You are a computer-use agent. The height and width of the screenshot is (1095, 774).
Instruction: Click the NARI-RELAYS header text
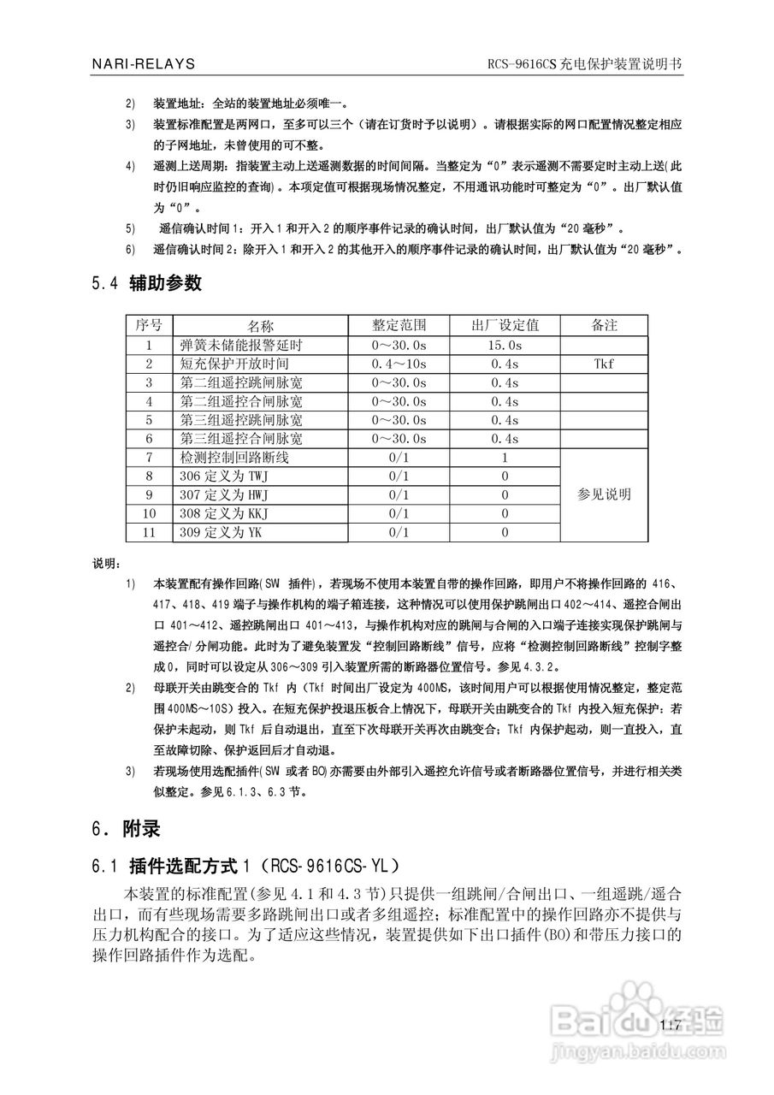click(x=144, y=64)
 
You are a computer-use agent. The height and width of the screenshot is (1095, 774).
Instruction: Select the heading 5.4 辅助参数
click(x=146, y=283)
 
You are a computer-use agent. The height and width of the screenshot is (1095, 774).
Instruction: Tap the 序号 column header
click(x=149, y=325)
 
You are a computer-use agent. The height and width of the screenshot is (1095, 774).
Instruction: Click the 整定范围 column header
click(x=399, y=325)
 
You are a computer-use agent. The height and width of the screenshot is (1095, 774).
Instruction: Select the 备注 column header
click(x=604, y=325)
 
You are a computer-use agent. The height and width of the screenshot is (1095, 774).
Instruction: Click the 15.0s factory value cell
click(x=505, y=345)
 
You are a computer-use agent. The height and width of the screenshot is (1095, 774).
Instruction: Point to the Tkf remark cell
click(x=604, y=364)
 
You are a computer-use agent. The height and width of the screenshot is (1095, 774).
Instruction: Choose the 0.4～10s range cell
click(x=399, y=364)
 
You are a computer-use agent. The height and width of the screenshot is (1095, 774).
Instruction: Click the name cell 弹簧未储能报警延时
click(x=243, y=345)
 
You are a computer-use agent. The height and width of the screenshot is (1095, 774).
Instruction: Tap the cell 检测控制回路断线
click(x=235, y=458)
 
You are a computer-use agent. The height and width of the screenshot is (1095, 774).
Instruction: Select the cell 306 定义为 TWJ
click(x=224, y=476)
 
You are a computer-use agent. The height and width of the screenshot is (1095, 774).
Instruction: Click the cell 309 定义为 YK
click(x=221, y=533)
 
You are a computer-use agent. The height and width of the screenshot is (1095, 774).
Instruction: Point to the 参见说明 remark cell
click(x=604, y=494)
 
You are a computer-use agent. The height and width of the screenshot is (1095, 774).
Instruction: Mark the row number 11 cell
click(x=149, y=533)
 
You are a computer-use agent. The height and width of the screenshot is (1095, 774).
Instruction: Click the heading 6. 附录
click(x=125, y=829)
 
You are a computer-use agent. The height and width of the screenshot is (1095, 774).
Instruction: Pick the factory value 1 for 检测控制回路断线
click(x=505, y=458)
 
